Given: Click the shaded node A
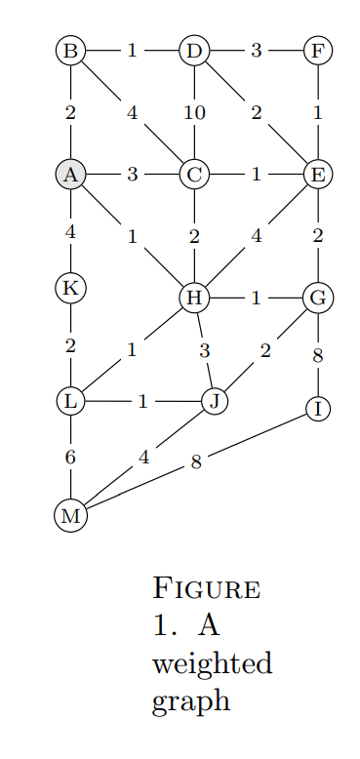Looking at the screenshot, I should (70, 175).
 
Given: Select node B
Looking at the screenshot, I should (70, 51).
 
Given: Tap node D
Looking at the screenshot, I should (194, 51).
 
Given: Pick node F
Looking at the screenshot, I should (317, 51).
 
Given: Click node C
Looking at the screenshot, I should (194, 175).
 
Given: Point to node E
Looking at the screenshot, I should (317, 175).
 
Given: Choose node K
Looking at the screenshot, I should (70, 288).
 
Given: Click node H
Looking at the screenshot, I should (194, 298).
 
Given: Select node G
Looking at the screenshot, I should (317, 298).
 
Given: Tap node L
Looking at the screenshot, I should (70, 400).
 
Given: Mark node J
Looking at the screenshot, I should (215, 400).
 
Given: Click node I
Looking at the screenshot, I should (317, 408).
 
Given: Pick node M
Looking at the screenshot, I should (70, 515).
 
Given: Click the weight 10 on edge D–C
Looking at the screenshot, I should (194, 113).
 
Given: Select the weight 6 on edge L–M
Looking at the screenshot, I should (70, 457).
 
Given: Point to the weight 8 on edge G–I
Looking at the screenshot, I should (317, 356).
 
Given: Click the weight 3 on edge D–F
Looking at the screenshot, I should (256, 51).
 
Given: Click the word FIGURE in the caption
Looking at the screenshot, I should (206, 589).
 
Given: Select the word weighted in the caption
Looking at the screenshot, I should (212, 665).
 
